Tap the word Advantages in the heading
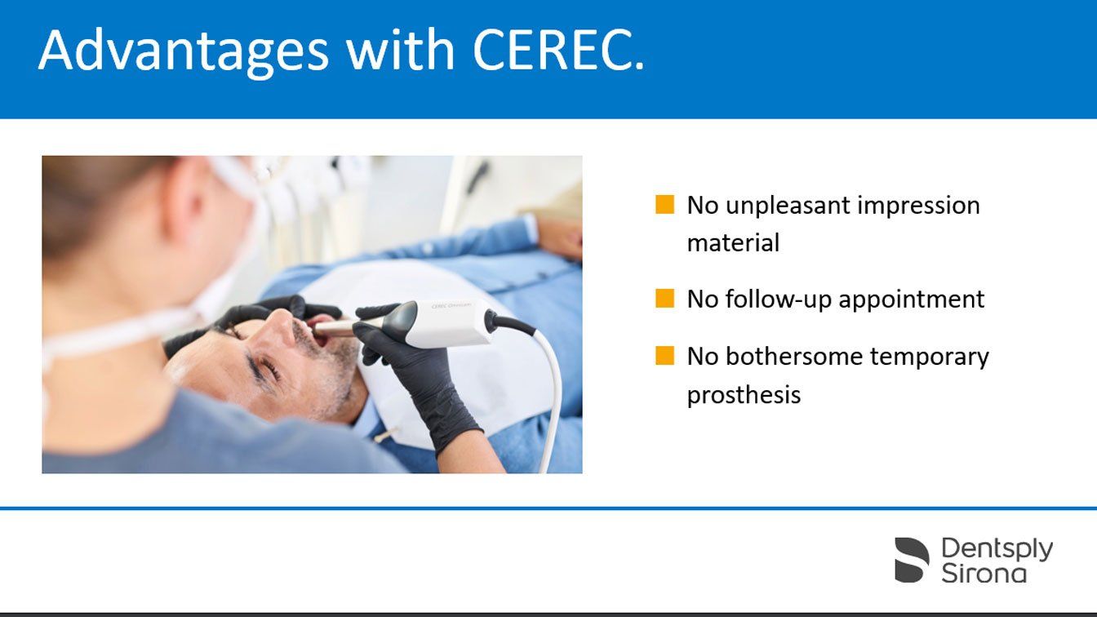pyautogui.click(x=184, y=51)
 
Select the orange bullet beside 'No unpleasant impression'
pyautogui.click(x=664, y=204)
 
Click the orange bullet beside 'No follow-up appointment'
pyautogui.click(x=664, y=298)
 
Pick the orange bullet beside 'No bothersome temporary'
pyautogui.click(x=664, y=356)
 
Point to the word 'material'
pyautogui.click(x=733, y=243)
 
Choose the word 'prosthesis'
pyautogui.click(x=744, y=395)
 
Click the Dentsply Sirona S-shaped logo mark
pyautogui.click(x=912, y=560)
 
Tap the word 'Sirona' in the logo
pyautogui.click(x=984, y=574)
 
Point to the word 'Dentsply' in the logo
pyautogui.click(x=997, y=549)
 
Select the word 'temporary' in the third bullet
pyautogui.click(x=929, y=357)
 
